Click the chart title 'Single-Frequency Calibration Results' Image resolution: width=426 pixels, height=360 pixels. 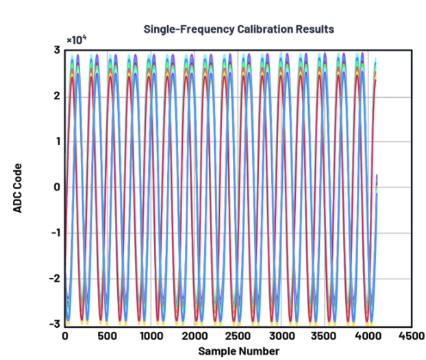(238, 29)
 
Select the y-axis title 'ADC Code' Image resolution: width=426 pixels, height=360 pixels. (18, 187)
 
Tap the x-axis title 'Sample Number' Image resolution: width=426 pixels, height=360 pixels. (238, 352)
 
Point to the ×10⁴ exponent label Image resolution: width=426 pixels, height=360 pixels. (76, 39)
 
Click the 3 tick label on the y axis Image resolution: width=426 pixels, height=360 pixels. (57, 50)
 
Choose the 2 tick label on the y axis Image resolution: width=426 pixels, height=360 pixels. (57, 96)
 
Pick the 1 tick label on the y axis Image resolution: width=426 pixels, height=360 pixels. (57, 141)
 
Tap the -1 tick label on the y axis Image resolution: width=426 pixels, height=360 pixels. (55, 232)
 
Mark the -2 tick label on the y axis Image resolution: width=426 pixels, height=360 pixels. (55, 278)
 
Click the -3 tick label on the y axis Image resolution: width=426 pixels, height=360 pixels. (55, 323)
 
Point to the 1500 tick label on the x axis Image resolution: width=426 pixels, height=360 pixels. (195, 336)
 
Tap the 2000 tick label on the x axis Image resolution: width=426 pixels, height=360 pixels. (238, 336)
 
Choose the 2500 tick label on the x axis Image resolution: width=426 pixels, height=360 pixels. (281, 336)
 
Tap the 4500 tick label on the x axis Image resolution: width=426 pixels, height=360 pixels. (411, 336)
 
